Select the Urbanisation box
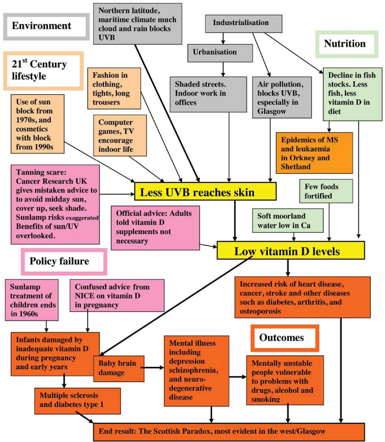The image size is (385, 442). pyautogui.click(x=220, y=53)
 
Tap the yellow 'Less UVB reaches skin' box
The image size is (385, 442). pyautogui.click(x=205, y=192)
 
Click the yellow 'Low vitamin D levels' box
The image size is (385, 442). pyautogui.click(x=290, y=251)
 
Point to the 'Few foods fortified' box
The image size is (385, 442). pyautogui.click(x=326, y=191)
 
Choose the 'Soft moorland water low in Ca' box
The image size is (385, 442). pyautogui.click(x=288, y=221)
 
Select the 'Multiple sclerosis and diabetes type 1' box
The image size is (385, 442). pyautogui.click(x=77, y=400)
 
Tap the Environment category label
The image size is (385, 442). pyautogui.click(x=46, y=26)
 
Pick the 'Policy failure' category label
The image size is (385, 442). pyautogui.click(x=64, y=261)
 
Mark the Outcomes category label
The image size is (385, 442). pyautogui.click(x=284, y=338)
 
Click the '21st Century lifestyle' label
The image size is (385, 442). pyautogui.click(x=43, y=70)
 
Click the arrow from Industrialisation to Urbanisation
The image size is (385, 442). pyautogui.click(x=223, y=38)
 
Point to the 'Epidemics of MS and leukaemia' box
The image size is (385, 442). pyautogui.click(x=314, y=153)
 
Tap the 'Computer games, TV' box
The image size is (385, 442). pyautogui.click(x=120, y=136)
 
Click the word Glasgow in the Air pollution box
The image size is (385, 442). pyautogui.click(x=271, y=111)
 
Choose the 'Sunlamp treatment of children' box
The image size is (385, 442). pyautogui.click(x=32, y=300)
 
